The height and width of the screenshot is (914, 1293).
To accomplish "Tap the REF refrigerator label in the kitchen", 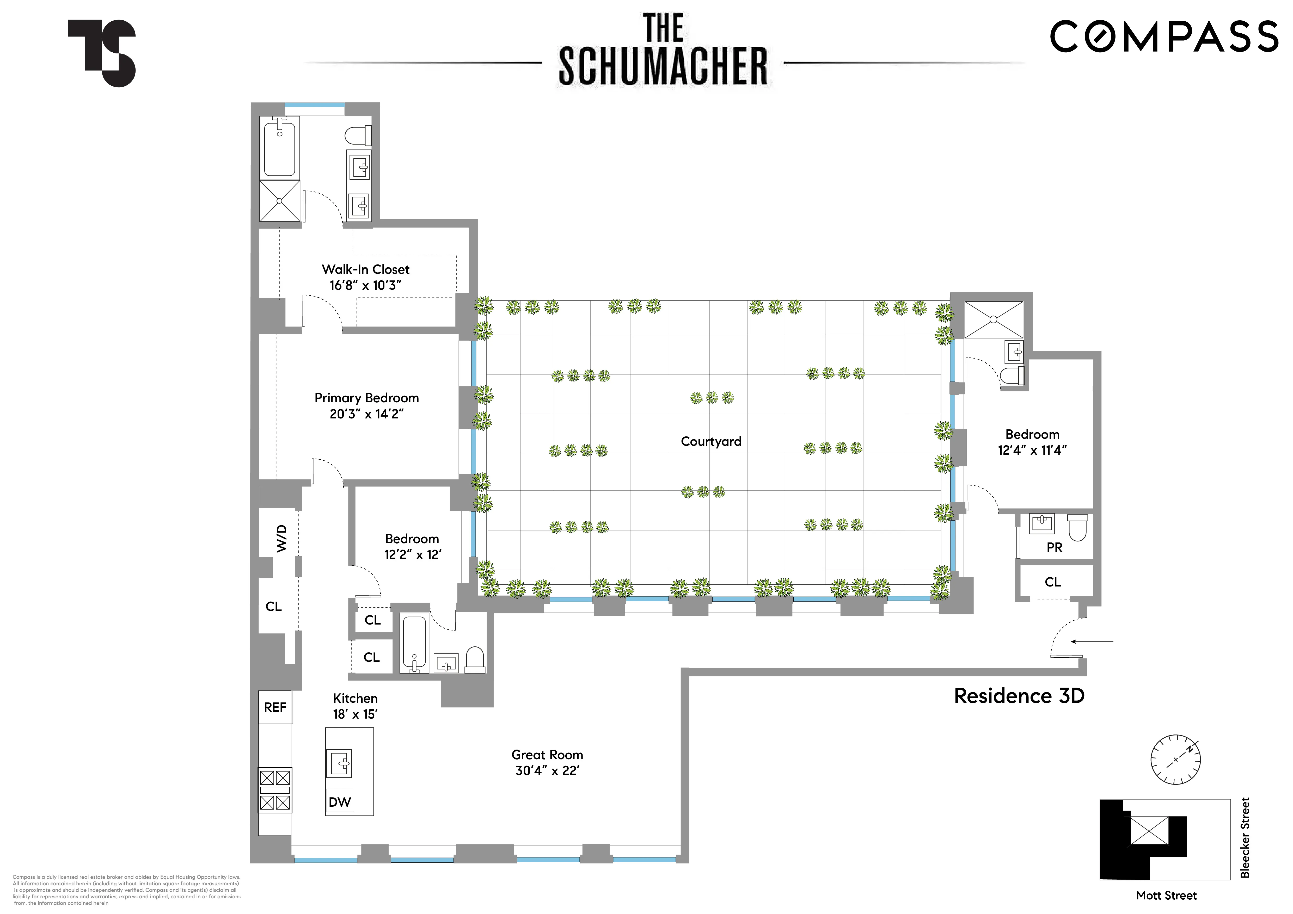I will coord(275,707).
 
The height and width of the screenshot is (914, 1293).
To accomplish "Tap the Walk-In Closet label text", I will coord(365,270).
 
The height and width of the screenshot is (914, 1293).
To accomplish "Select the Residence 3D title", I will coord(1019,696).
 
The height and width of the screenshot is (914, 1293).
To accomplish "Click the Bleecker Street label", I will coord(1245,837).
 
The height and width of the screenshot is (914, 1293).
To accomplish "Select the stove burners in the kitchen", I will coord(275,790).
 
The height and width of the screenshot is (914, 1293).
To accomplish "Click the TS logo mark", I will coord(102,53).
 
